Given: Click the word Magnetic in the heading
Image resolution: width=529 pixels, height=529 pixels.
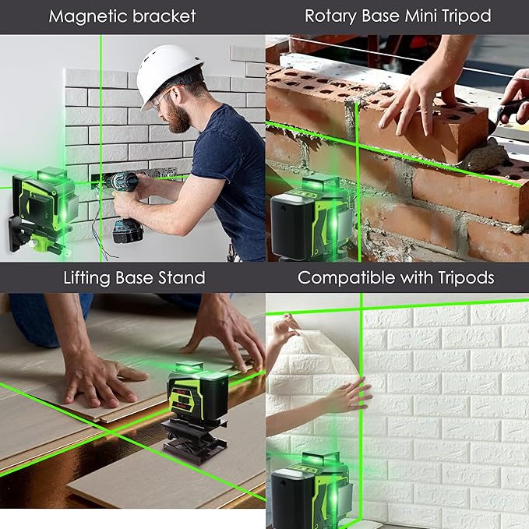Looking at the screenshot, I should coord(85,16).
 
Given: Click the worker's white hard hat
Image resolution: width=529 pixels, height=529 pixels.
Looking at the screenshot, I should coord(168,72).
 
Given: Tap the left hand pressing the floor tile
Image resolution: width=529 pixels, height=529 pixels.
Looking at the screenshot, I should coord(101,378).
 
